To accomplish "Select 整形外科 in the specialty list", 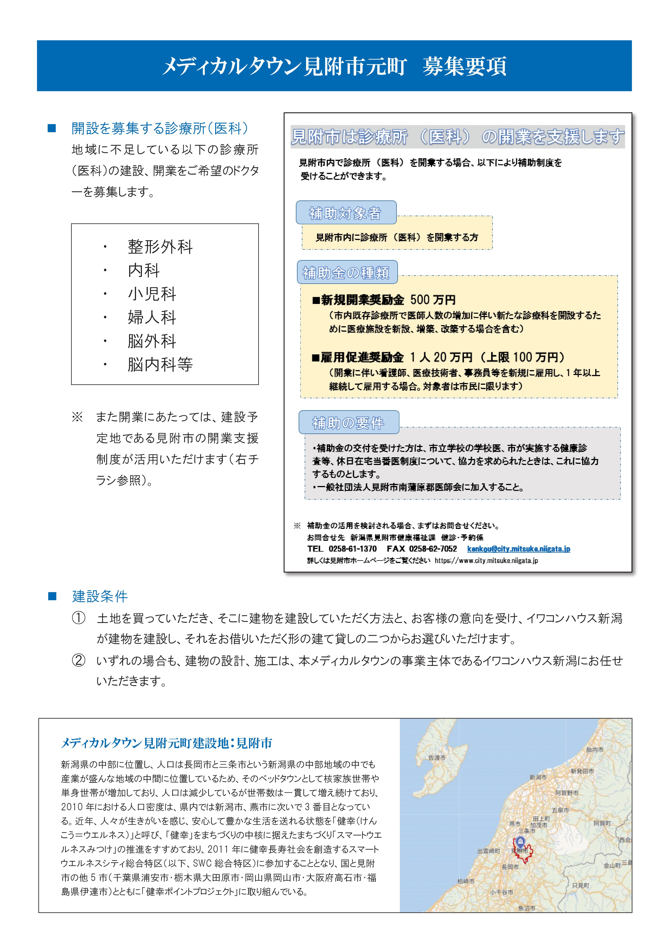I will [x=160, y=247].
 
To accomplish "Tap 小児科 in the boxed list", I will [x=152, y=293].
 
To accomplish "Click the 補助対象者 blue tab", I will [x=346, y=213].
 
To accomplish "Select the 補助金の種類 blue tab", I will [x=346, y=272].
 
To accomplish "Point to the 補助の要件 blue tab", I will [x=349, y=422].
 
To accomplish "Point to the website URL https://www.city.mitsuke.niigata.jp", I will [x=486, y=560].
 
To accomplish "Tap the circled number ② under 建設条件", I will [x=79, y=661].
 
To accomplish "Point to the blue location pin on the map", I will [x=520, y=841].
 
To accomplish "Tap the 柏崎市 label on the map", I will [x=466, y=881].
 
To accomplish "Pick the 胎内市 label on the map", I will [x=595, y=750].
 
